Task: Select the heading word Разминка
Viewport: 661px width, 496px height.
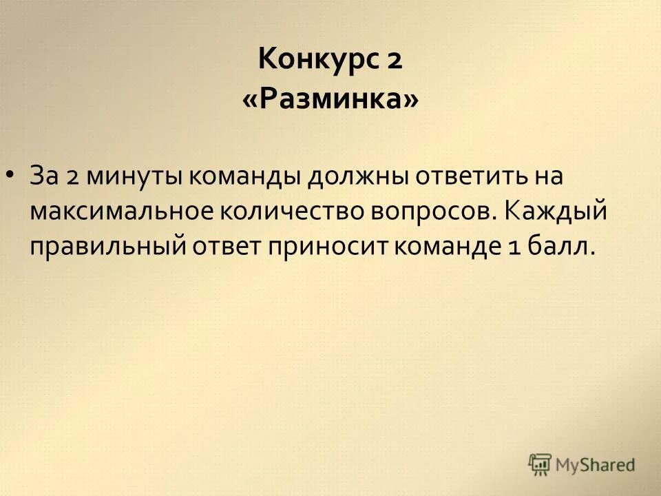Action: point(330,101)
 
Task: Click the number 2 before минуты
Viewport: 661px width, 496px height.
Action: point(74,176)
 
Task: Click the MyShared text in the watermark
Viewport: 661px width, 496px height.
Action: point(596,465)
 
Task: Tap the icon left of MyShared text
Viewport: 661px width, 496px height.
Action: point(540,465)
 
